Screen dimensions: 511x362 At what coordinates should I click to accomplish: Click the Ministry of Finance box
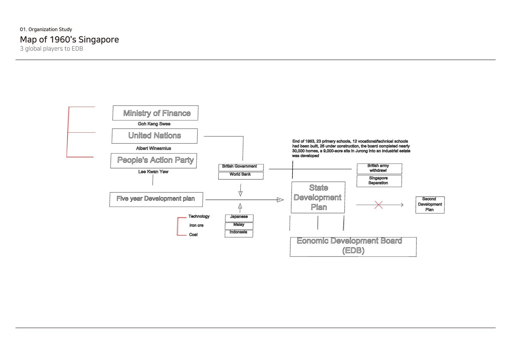click(155, 113)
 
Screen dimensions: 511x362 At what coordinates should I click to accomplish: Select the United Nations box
click(155, 136)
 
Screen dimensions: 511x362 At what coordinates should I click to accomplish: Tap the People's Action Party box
click(154, 161)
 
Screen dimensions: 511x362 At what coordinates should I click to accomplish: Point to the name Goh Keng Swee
click(154, 124)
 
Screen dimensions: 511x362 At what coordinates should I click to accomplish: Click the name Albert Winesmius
click(154, 148)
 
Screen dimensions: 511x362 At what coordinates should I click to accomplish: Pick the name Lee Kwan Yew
click(153, 171)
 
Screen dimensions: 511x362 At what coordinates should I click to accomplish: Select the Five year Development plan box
click(156, 199)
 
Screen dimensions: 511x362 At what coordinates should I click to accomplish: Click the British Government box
click(241, 168)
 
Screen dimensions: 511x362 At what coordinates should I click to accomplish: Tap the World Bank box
click(241, 176)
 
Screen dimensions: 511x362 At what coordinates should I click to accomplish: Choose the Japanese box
click(239, 218)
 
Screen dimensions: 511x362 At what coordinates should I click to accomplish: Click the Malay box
click(239, 226)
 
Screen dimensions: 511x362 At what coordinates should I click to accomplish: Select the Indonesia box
click(239, 233)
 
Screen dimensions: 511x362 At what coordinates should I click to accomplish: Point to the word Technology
click(199, 216)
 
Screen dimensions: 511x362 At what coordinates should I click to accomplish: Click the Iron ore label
click(196, 225)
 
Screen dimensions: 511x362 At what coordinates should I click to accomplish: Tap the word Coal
click(193, 234)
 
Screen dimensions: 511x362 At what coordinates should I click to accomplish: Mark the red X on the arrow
click(378, 205)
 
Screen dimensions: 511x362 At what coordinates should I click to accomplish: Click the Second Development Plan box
click(430, 205)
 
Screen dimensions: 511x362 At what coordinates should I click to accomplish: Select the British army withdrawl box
click(379, 169)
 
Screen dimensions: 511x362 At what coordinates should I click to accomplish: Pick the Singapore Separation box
click(379, 181)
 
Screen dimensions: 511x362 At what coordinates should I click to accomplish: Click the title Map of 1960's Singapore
click(69, 40)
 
